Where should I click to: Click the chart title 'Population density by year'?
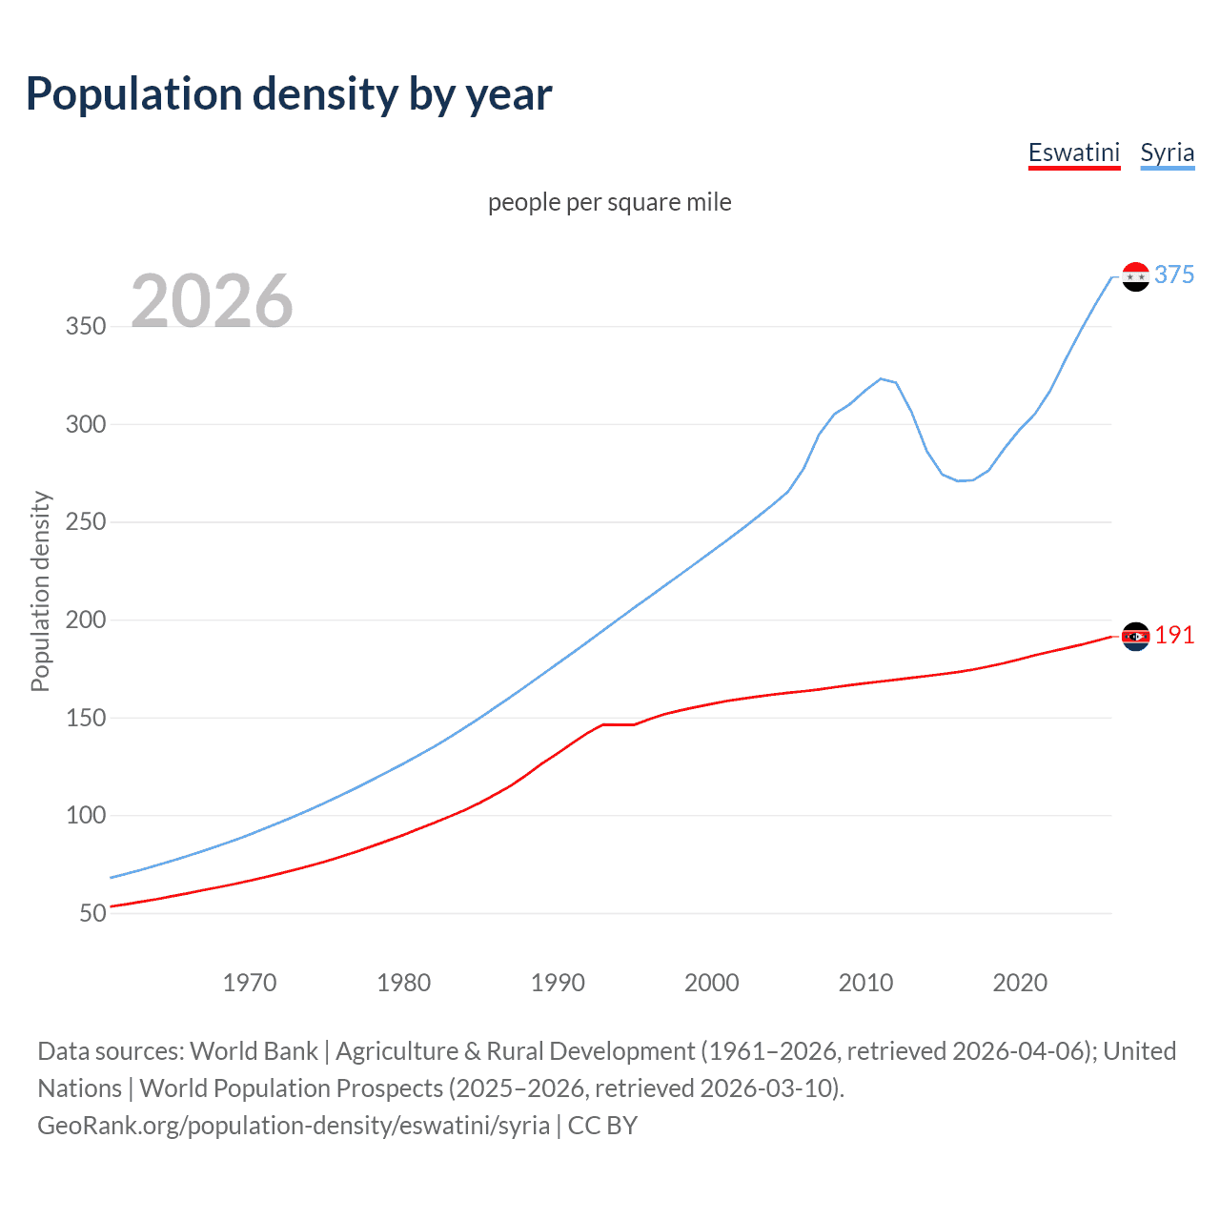coord(289,94)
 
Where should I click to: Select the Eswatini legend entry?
coord(1073,152)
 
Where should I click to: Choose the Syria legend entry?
coord(1167,152)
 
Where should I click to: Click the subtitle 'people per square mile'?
coord(609,202)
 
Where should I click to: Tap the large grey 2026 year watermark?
coord(212,301)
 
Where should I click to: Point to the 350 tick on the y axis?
coord(86,326)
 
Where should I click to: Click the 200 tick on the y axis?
coord(86,620)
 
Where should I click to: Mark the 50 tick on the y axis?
coord(92,913)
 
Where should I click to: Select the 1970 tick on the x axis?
coord(250,983)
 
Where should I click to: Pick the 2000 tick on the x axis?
coord(712,983)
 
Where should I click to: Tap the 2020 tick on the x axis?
coord(1020,983)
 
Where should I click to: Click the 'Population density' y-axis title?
coord(40,591)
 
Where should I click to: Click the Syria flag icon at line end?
coord(1135,276)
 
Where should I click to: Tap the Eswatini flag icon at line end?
coord(1135,636)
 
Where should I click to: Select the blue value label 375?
coord(1174,274)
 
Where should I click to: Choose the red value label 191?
coord(1174,636)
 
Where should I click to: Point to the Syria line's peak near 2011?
coord(881,378)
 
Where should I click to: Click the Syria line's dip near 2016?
coord(959,480)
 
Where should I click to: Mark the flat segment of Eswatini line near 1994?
coord(618,724)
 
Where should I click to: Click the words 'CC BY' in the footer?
coord(602,1126)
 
